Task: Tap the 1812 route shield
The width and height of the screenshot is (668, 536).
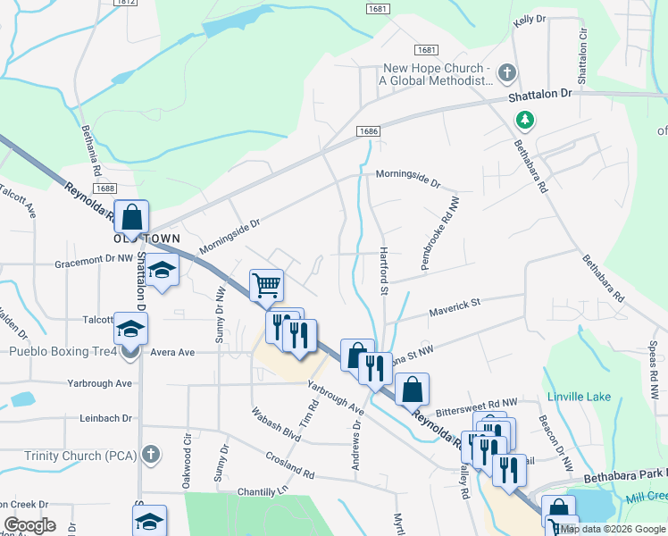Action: click(127, 3)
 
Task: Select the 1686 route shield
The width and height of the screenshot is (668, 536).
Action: click(369, 131)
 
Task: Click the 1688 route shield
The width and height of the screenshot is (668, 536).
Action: click(104, 188)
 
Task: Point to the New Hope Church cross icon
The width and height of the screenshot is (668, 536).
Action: click(506, 72)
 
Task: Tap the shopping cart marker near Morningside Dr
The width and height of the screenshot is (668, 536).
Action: click(266, 286)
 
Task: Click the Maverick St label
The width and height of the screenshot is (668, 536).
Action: click(454, 306)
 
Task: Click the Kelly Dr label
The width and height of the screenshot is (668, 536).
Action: click(529, 19)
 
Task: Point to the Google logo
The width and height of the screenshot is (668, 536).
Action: click(30, 525)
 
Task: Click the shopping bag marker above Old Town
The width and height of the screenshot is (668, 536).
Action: click(131, 217)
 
